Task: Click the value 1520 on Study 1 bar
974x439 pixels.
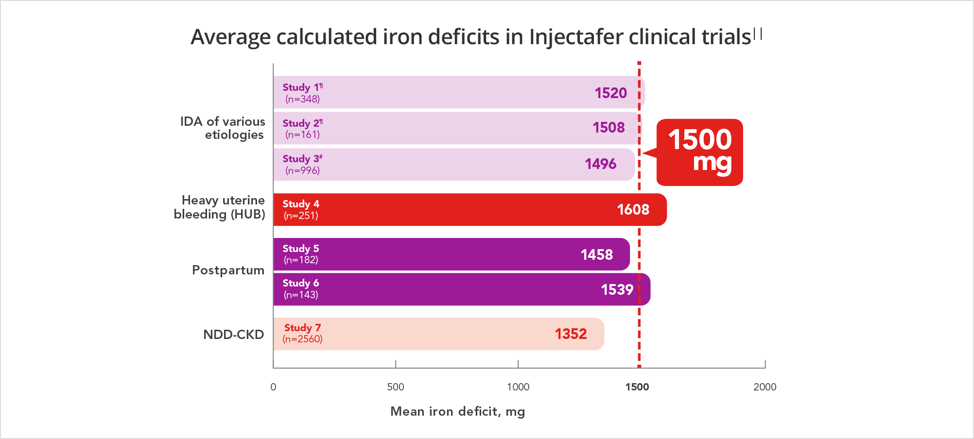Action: (610, 93)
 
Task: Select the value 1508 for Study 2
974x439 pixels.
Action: (609, 127)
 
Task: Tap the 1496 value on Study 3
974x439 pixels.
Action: (600, 164)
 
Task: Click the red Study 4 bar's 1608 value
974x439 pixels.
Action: (633, 209)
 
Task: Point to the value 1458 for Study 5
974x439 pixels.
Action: (596, 254)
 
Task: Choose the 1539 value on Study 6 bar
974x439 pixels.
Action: (617, 289)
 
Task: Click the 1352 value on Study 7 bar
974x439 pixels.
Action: (571, 334)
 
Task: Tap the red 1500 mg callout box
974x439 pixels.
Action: (699, 152)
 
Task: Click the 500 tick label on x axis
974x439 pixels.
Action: (396, 387)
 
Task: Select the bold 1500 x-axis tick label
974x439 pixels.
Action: (637, 387)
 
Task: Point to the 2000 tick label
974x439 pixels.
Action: (765, 387)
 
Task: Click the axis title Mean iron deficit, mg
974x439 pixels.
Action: (457, 411)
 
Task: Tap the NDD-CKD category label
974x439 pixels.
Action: (233, 335)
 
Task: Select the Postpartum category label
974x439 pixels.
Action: (228, 270)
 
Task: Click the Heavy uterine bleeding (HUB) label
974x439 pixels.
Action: (220, 207)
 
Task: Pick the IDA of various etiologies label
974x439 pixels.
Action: (223, 128)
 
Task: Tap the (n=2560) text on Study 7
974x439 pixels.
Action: (302, 339)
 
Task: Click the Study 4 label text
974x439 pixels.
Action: (301, 204)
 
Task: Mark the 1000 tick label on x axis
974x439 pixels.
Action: (518, 387)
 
